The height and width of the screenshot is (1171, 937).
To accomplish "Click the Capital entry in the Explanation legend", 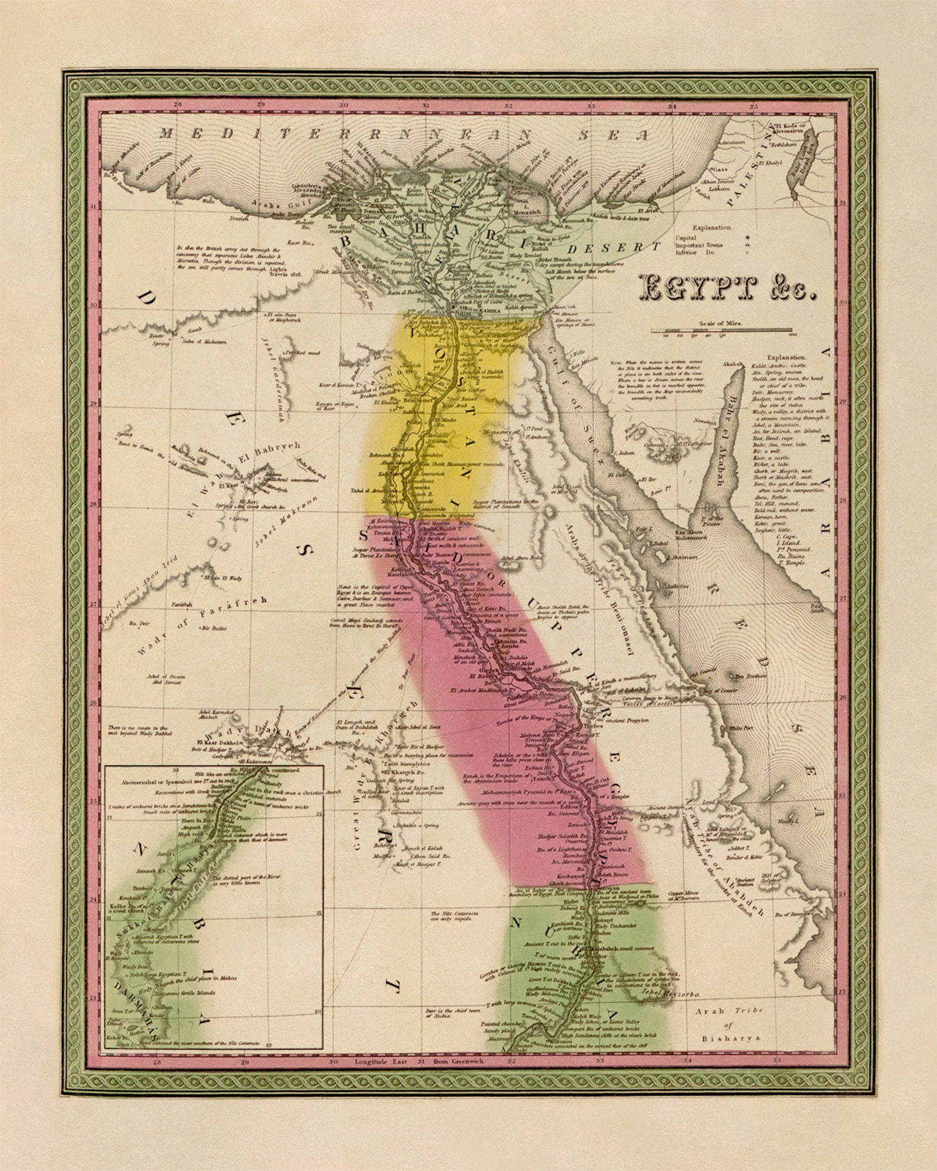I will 686,237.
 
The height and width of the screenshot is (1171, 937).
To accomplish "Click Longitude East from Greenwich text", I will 418,1061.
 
